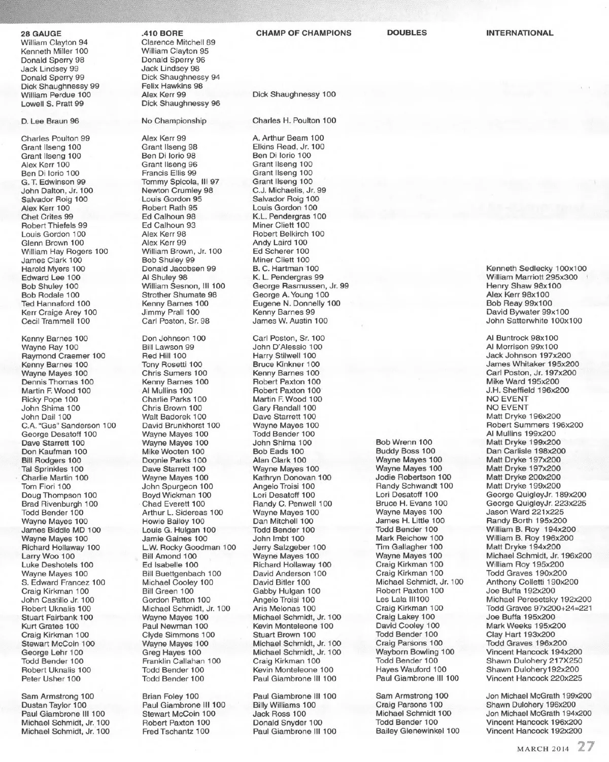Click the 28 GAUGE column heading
[x=41, y=34]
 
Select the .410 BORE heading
[x=162, y=34]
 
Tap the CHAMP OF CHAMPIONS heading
[x=303, y=33]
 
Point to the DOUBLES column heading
[x=407, y=32]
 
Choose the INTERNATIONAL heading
[x=520, y=33]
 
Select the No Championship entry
[x=174, y=121]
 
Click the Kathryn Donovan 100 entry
[x=292, y=477]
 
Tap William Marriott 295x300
[x=531, y=277]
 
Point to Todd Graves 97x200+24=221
[x=539, y=608]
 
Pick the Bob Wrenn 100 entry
[x=404, y=442]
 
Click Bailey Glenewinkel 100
[x=417, y=731]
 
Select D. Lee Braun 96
[x=50, y=121]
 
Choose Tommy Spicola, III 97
[x=180, y=182]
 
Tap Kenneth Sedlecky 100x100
[x=536, y=269]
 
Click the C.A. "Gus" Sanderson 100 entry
[x=69, y=425]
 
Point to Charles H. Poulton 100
[x=294, y=120]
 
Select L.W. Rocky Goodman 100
[x=189, y=547]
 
